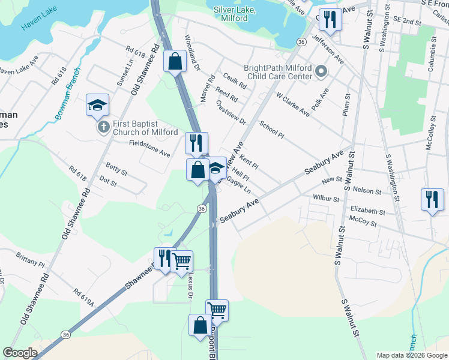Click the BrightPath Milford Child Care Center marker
[x=321, y=73]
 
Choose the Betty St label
[x=116, y=167]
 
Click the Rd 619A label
[x=85, y=297]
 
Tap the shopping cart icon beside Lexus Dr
[x=181, y=261]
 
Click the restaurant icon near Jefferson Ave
[x=330, y=19]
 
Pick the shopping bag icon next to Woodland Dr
[x=174, y=61]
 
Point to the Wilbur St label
[x=327, y=197]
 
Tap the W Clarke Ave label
[x=293, y=103]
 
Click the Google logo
[x=20, y=353]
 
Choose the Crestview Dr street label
[x=231, y=112]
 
